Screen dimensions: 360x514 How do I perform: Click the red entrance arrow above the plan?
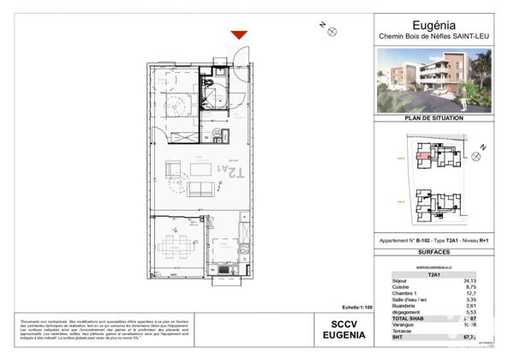point(239,34)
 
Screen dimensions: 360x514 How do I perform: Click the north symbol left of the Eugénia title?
point(332,31)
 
